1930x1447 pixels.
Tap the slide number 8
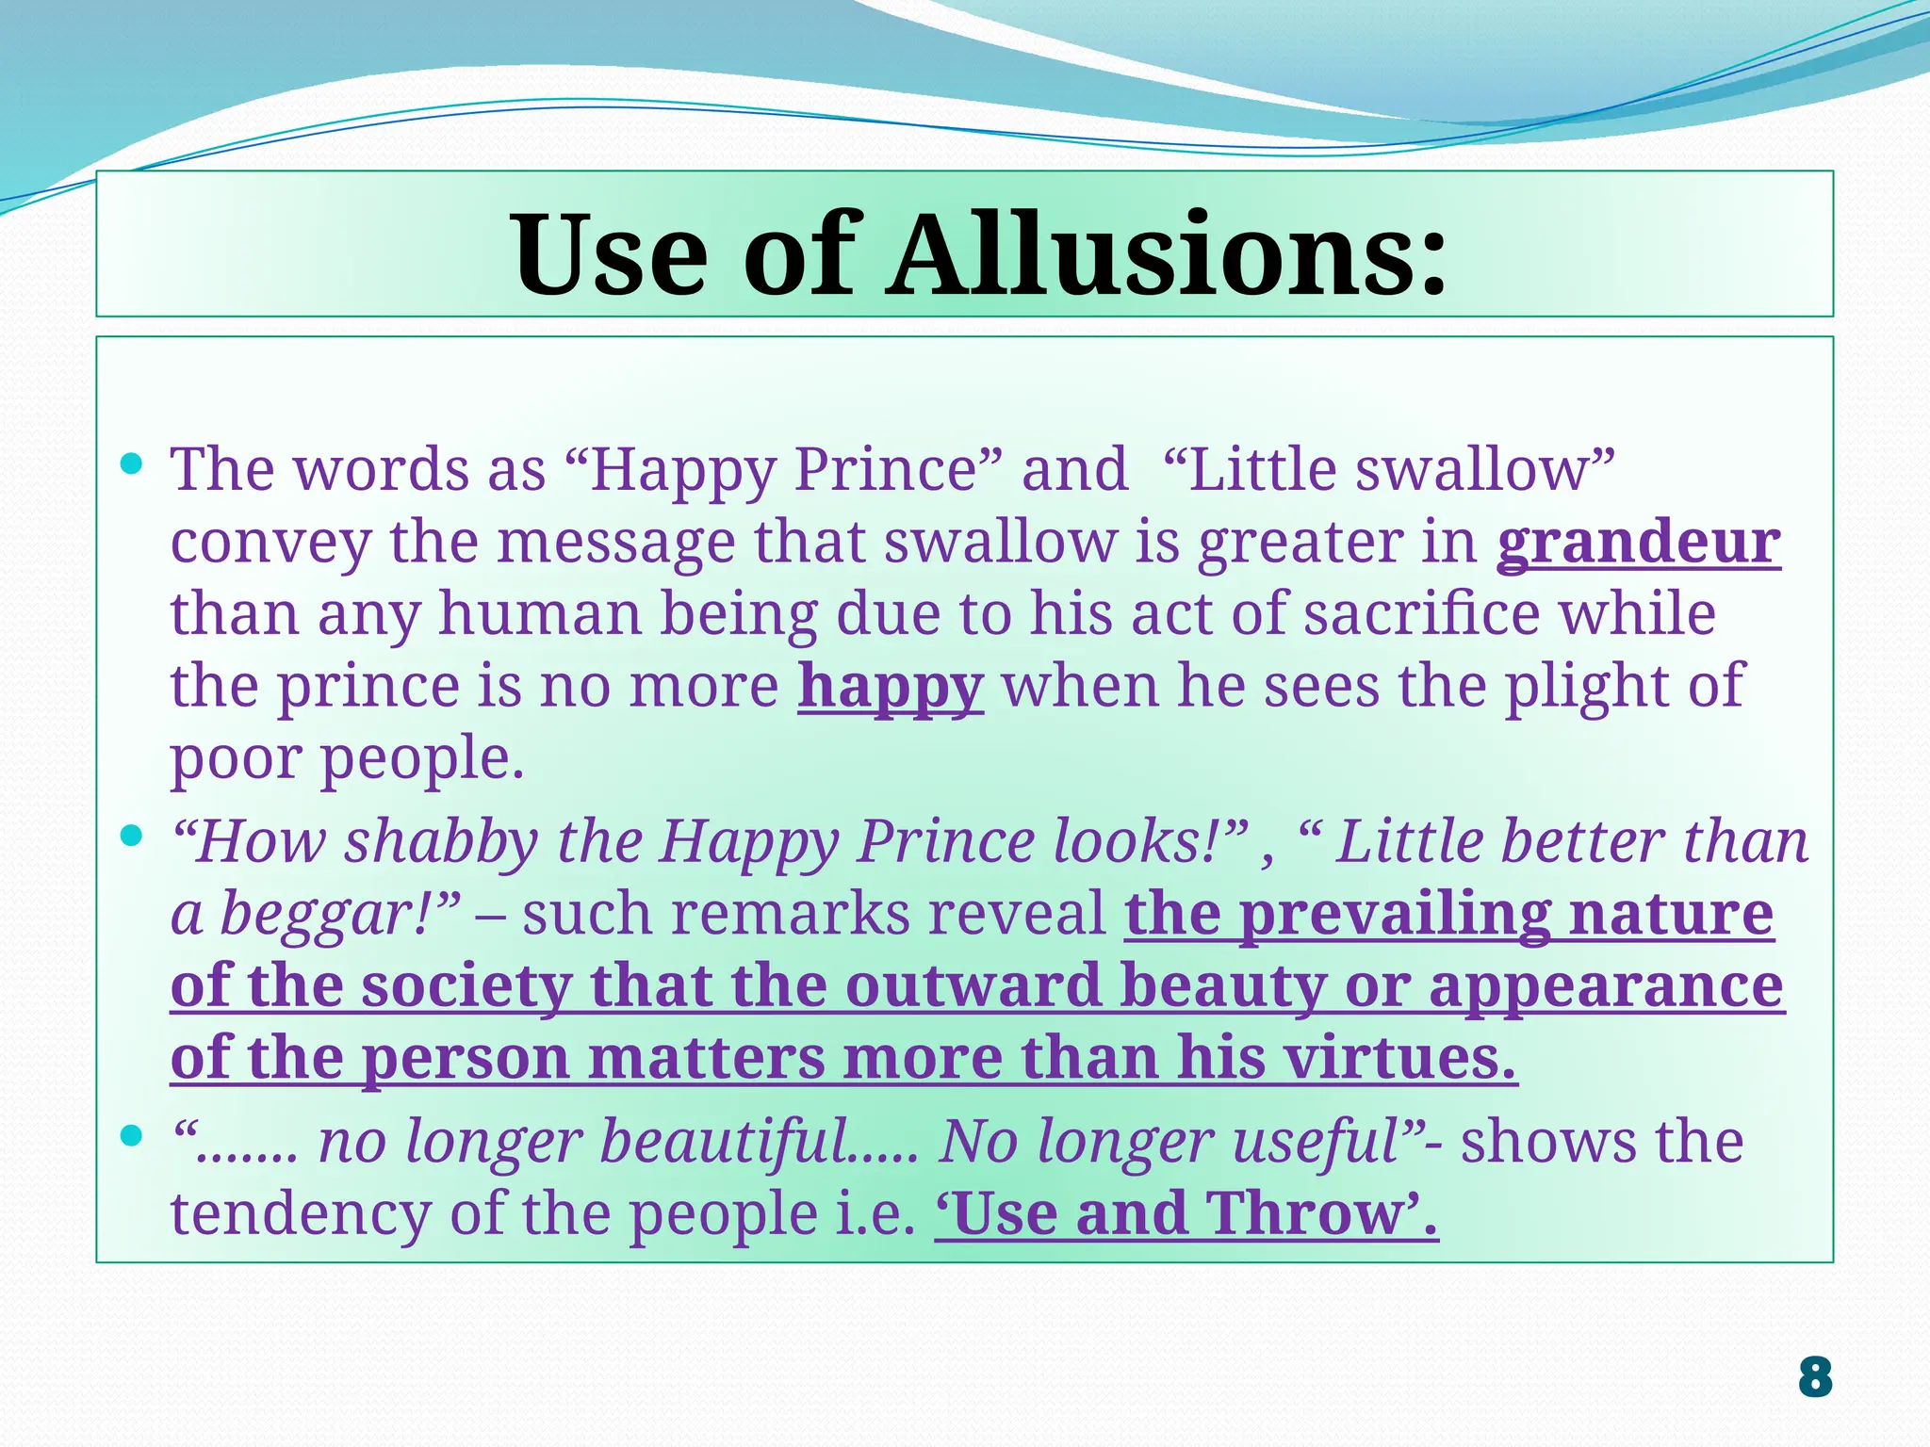point(1814,1377)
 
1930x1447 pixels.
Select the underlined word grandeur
point(1639,543)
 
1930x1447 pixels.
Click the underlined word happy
point(891,688)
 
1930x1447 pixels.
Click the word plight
point(1586,686)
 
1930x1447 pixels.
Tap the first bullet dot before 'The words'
point(132,463)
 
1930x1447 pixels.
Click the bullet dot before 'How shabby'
point(132,836)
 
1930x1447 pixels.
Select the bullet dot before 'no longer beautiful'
point(132,1136)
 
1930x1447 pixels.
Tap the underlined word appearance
point(1606,987)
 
